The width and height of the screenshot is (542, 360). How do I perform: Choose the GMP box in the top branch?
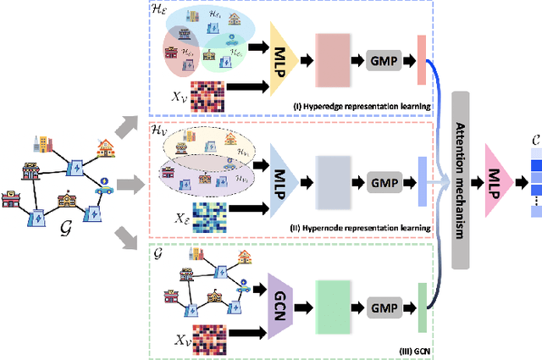pos(386,61)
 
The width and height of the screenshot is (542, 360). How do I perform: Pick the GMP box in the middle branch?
pos(386,181)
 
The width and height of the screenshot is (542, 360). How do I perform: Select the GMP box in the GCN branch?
pos(386,301)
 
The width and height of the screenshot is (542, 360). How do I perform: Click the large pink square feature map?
pos(334,61)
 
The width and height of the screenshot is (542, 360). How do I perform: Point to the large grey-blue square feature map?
pos(334,181)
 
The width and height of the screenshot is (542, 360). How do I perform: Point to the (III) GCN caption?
pos(413,349)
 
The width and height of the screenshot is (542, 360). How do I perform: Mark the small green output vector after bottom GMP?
pos(422,301)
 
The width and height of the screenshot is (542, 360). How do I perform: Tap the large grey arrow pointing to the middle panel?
pos(128,181)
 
